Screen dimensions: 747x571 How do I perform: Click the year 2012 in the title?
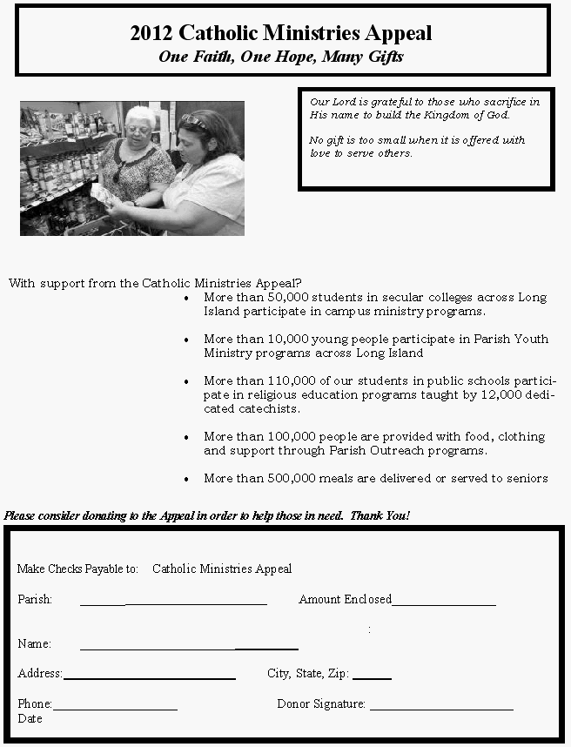(x=151, y=34)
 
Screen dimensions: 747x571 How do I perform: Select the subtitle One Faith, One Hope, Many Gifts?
(x=280, y=57)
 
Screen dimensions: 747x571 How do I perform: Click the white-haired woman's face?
(x=138, y=130)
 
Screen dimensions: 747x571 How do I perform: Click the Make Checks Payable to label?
(x=77, y=569)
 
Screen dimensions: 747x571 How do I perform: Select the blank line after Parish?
(x=173, y=603)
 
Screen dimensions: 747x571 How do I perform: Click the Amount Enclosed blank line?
(x=444, y=603)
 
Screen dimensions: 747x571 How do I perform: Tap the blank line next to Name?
(x=189, y=649)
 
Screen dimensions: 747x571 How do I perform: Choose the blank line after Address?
(x=149, y=677)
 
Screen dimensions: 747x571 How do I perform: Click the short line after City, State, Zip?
(x=372, y=677)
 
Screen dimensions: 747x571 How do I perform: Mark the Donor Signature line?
(x=441, y=709)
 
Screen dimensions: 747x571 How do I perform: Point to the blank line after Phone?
(x=115, y=709)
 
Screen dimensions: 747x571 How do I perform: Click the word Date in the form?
(x=30, y=718)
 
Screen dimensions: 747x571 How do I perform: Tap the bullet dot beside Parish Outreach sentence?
(x=187, y=437)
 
